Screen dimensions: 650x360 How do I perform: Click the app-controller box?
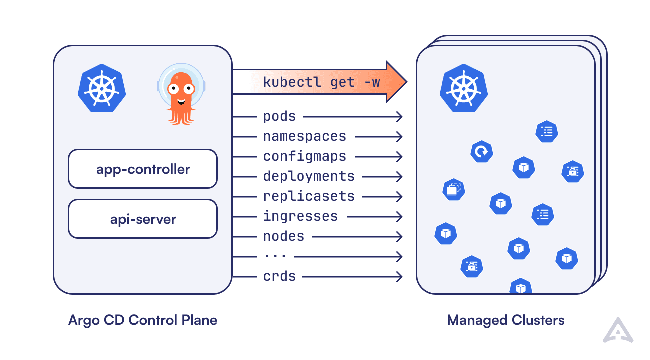[x=143, y=169]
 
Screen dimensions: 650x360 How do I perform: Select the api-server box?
[x=143, y=219]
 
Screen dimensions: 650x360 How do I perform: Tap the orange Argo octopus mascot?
[x=181, y=94]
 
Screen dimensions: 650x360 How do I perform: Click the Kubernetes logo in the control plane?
[x=102, y=88]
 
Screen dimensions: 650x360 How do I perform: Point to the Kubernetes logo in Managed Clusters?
[x=463, y=88]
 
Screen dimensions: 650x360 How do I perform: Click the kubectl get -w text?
[x=321, y=82]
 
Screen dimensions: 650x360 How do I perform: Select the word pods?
[x=279, y=117]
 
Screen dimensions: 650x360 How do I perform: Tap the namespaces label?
[x=304, y=136]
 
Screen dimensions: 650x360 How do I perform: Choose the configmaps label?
[x=304, y=156]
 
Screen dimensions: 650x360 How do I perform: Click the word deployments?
[x=309, y=176]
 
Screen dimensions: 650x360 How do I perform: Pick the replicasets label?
[x=309, y=196]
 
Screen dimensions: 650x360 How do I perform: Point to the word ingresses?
[x=300, y=216]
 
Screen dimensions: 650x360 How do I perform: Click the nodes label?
[x=284, y=236]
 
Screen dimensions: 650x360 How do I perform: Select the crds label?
[x=279, y=276]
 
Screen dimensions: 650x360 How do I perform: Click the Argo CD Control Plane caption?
[x=143, y=320]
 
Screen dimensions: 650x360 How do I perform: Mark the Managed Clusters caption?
[x=506, y=320]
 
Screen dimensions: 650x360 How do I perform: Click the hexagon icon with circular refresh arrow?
[x=481, y=151]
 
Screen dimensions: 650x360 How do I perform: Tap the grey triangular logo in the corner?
[x=618, y=330]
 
